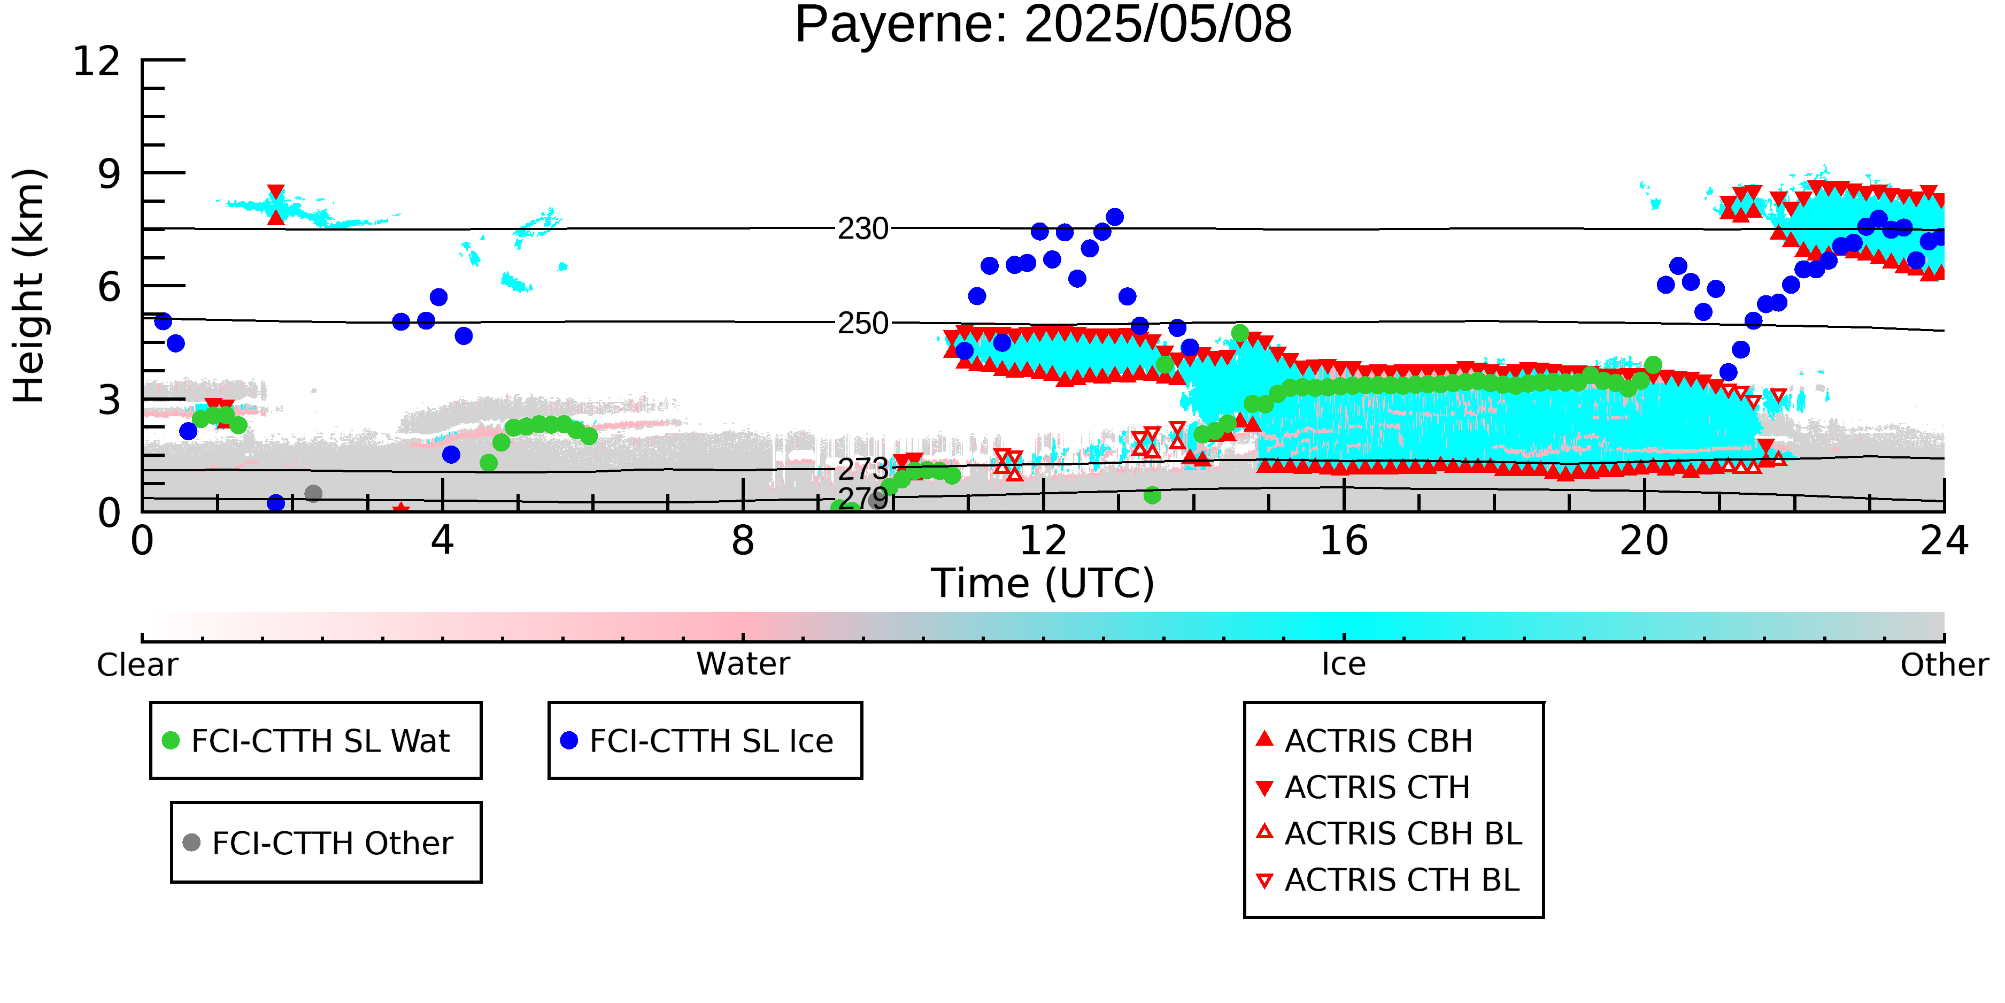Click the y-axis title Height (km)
(29, 286)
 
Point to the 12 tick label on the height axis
(97, 61)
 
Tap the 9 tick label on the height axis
(110, 174)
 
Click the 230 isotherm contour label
(862, 229)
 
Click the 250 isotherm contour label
(862, 323)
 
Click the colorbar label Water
(743, 664)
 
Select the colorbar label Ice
(1344, 664)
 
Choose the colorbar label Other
(1944, 665)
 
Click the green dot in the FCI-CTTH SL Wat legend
(171, 740)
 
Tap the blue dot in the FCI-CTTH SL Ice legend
(569, 740)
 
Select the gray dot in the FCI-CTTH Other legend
(191, 843)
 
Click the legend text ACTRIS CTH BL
(1402, 880)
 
